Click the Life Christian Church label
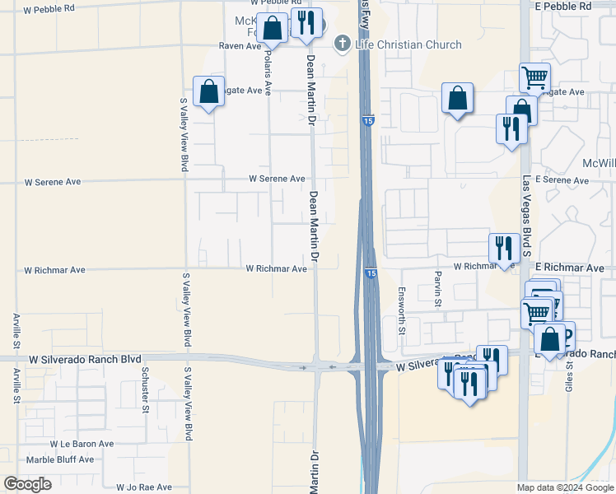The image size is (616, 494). click(x=408, y=44)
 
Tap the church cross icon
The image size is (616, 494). click(x=343, y=44)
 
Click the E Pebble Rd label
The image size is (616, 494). click(x=562, y=7)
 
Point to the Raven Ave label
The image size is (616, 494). click(x=240, y=47)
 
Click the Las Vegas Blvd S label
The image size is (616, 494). click(x=526, y=213)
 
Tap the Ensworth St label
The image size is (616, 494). click(x=402, y=310)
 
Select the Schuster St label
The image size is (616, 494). click(x=145, y=390)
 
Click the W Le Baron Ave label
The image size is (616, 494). click(x=81, y=444)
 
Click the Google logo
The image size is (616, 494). click(x=28, y=484)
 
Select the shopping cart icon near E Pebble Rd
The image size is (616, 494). click(x=534, y=77)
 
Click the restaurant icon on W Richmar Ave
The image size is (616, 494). click(x=503, y=247)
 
